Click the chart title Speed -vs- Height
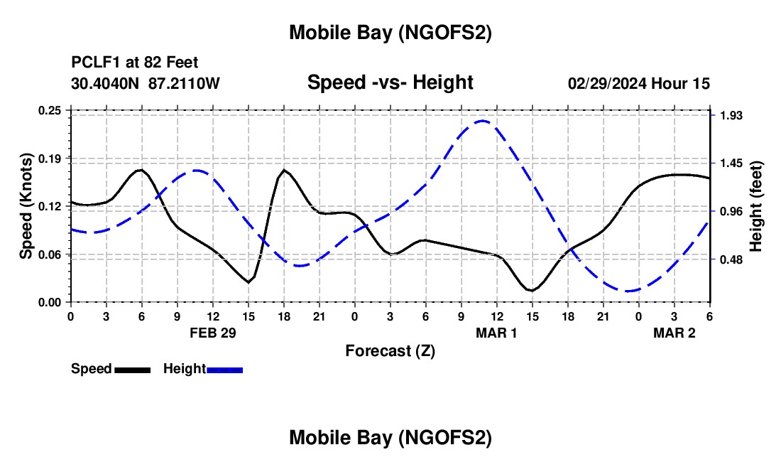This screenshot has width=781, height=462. [x=390, y=83]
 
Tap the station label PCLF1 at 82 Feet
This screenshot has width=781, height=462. [x=135, y=63]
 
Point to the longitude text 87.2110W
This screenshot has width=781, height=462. [x=185, y=83]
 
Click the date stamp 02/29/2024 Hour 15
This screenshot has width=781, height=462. [x=639, y=83]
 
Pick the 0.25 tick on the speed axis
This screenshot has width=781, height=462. [x=50, y=110]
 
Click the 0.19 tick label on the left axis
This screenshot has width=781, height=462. [x=50, y=158]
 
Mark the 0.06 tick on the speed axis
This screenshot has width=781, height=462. [x=50, y=254]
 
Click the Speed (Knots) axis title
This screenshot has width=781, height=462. [x=26, y=206]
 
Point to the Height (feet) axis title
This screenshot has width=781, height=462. [x=755, y=206]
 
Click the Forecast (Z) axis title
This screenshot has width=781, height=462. [x=390, y=350]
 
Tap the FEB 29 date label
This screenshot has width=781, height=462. [x=213, y=332]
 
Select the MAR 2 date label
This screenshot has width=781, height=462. [x=674, y=332]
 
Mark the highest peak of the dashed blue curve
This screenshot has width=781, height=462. [x=483, y=121]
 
